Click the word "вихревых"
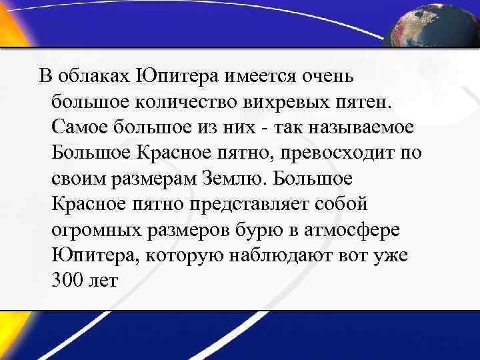[x=279, y=101]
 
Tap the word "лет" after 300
[x=104, y=281]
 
